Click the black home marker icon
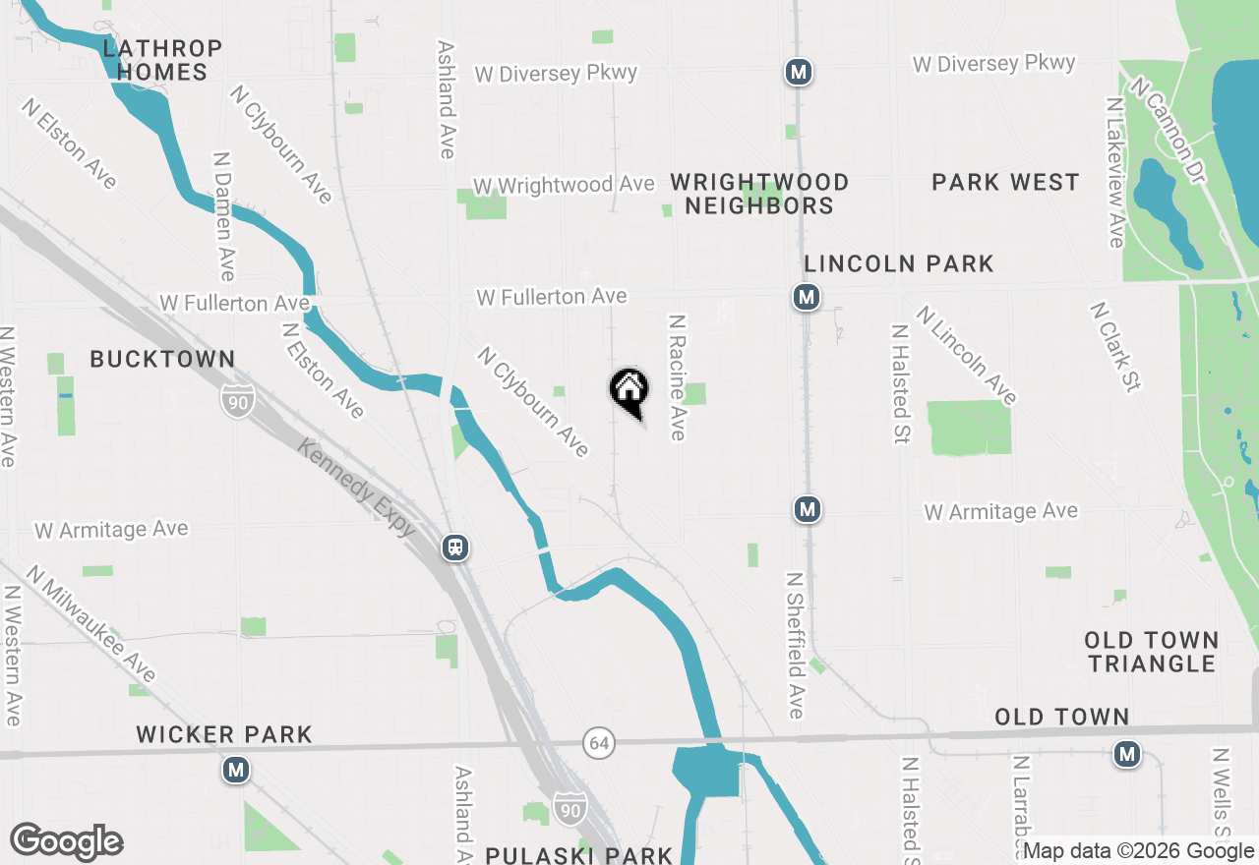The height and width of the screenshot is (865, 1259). coord(629,391)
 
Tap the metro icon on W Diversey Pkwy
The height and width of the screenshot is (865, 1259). coord(799,72)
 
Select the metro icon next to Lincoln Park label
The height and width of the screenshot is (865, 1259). coord(807,296)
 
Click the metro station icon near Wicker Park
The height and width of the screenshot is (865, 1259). coord(235,770)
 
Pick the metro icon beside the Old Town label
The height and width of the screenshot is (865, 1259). coord(1127,754)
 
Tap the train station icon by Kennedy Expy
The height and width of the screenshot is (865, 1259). coord(454,547)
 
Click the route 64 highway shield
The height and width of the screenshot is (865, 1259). coord(598,742)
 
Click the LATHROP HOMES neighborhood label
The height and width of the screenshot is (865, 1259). coord(162,60)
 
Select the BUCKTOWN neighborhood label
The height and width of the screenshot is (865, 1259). coord(162,359)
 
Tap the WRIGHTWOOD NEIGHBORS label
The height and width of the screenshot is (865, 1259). coord(759,194)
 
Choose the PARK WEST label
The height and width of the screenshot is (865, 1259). coord(1005,182)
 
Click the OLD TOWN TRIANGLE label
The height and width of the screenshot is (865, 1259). coord(1152,652)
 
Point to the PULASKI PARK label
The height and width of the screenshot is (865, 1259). coord(579,854)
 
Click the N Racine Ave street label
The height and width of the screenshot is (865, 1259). coord(677,377)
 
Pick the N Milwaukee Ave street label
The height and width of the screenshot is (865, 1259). coord(91,623)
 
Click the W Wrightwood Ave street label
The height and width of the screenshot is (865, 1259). coord(564,185)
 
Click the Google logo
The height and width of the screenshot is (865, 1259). coord(66,841)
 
